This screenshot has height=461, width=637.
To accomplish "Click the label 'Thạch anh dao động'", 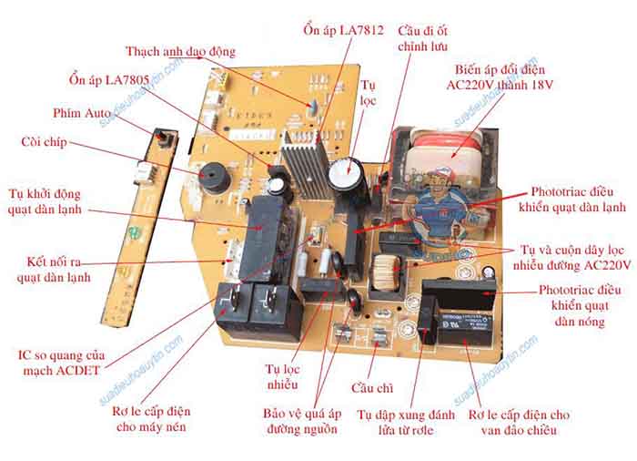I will coord(180,51).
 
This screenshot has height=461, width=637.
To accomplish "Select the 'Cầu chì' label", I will coord(373,388).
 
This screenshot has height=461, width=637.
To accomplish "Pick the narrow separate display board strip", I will coord(146,223).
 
